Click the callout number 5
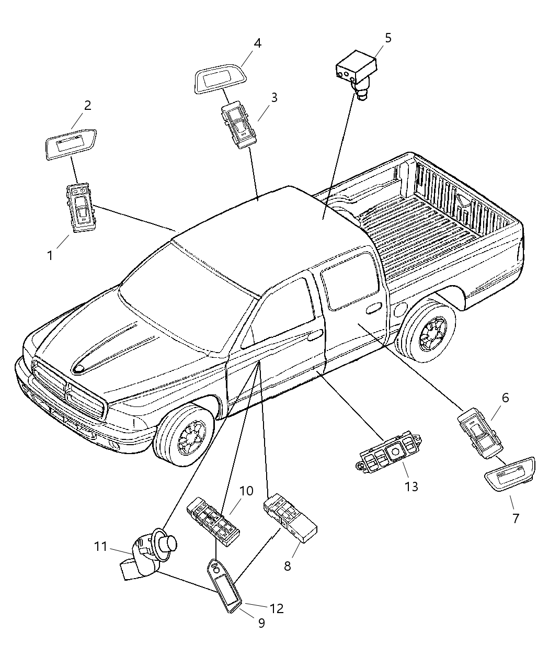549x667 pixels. point(387,38)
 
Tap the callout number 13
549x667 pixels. point(411,487)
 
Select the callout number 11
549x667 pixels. point(100,547)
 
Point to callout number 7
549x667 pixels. point(516,518)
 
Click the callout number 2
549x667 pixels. point(87,105)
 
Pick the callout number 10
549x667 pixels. point(246,491)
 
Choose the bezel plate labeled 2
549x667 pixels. point(70,143)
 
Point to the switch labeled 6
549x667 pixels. point(480,433)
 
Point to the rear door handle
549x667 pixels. point(373,310)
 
